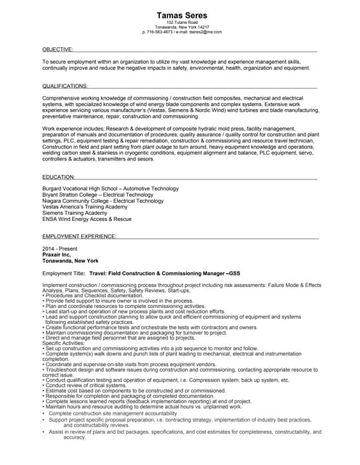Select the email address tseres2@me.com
click(x=203, y=32)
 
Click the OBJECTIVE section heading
click(x=57, y=49)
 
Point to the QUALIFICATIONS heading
click(x=65, y=86)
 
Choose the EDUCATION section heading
click(x=59, y=177)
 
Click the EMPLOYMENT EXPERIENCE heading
click(x=79, y=237)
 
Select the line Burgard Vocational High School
click(x=110, y=188)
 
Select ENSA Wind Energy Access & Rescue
click(x=87, y=219)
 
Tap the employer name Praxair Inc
click(x=57, y=254)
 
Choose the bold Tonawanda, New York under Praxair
click(x=71, y=260)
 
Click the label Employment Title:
click(x=64, y=272)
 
